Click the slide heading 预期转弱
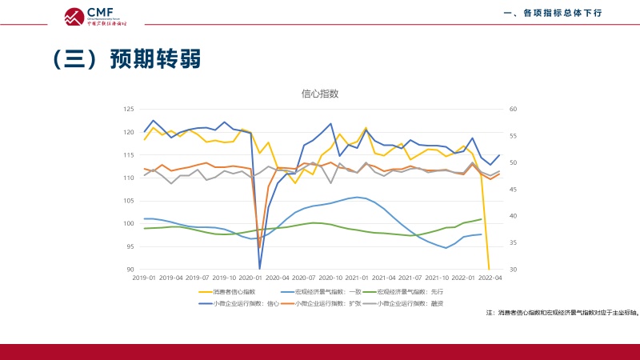126,59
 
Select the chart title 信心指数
320,94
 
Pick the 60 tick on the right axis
514,109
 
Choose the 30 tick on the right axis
514,270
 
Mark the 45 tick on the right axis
514,190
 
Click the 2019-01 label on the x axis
145,278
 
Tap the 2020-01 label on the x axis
251,278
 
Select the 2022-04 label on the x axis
490,278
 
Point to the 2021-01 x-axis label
358,278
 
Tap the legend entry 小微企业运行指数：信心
242,303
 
